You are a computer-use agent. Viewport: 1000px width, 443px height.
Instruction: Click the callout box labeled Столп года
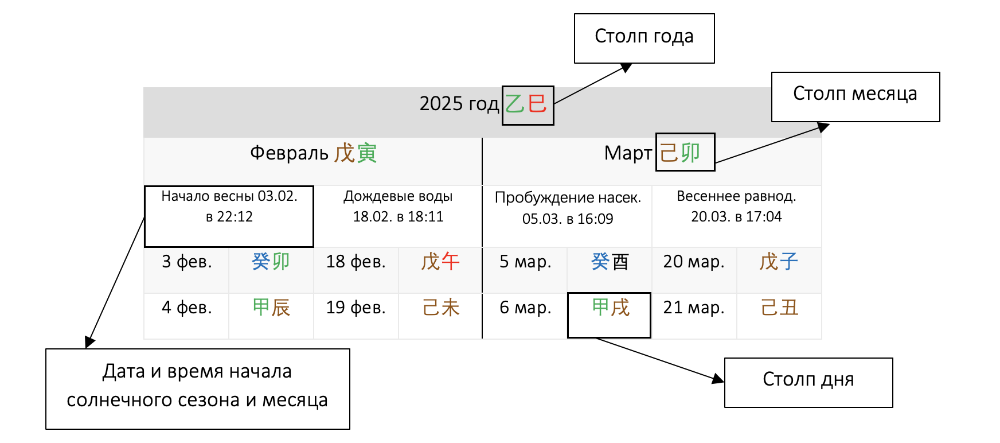644,38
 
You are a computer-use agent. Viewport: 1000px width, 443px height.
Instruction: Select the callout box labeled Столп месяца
855,96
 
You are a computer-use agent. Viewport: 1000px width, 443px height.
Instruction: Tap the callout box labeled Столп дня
808,382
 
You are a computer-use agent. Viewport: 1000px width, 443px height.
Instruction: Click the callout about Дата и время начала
197,388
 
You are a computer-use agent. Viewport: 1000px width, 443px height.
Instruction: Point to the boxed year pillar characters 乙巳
528,105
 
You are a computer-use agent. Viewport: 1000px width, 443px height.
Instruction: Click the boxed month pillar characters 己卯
685,152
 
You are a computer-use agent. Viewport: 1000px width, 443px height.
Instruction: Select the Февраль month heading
313,153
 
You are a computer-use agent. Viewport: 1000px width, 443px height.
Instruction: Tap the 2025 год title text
459,104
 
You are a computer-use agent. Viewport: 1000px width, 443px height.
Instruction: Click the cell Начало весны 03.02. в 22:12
229,216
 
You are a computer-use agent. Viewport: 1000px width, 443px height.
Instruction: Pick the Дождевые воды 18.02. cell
398,207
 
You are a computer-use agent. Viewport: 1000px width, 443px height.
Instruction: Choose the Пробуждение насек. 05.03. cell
568,208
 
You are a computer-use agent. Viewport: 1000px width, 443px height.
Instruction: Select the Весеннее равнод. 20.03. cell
736,207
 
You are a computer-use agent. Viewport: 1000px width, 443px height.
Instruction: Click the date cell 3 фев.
186,262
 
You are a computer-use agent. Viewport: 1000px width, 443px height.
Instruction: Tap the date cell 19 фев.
356,308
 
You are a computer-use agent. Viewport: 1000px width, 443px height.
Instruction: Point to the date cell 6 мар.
525,308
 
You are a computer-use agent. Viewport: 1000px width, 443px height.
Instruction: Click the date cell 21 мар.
694,308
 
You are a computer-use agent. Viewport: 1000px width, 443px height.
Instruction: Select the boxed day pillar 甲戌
610,309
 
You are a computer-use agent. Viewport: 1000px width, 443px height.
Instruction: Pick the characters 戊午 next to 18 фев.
440,262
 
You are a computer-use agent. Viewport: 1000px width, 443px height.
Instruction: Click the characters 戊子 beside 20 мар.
778,262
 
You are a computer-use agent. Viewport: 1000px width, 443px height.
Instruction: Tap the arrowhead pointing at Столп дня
718,379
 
